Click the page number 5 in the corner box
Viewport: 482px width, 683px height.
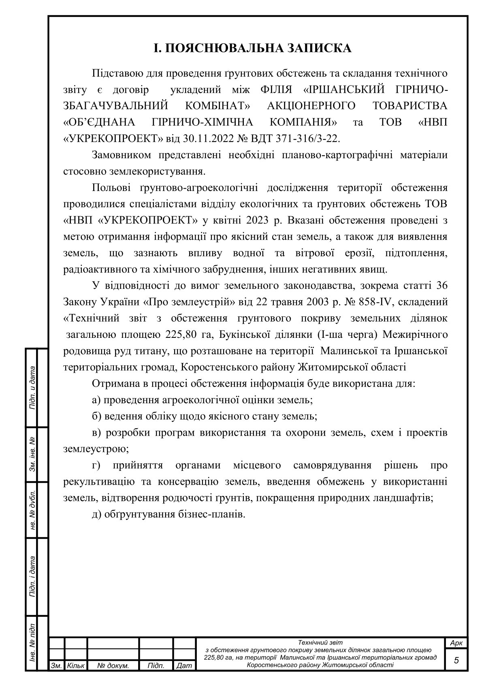pyautogui.click(x=456, y=660)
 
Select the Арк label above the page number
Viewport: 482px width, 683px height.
pyautogui.click(x=456, y=643)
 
